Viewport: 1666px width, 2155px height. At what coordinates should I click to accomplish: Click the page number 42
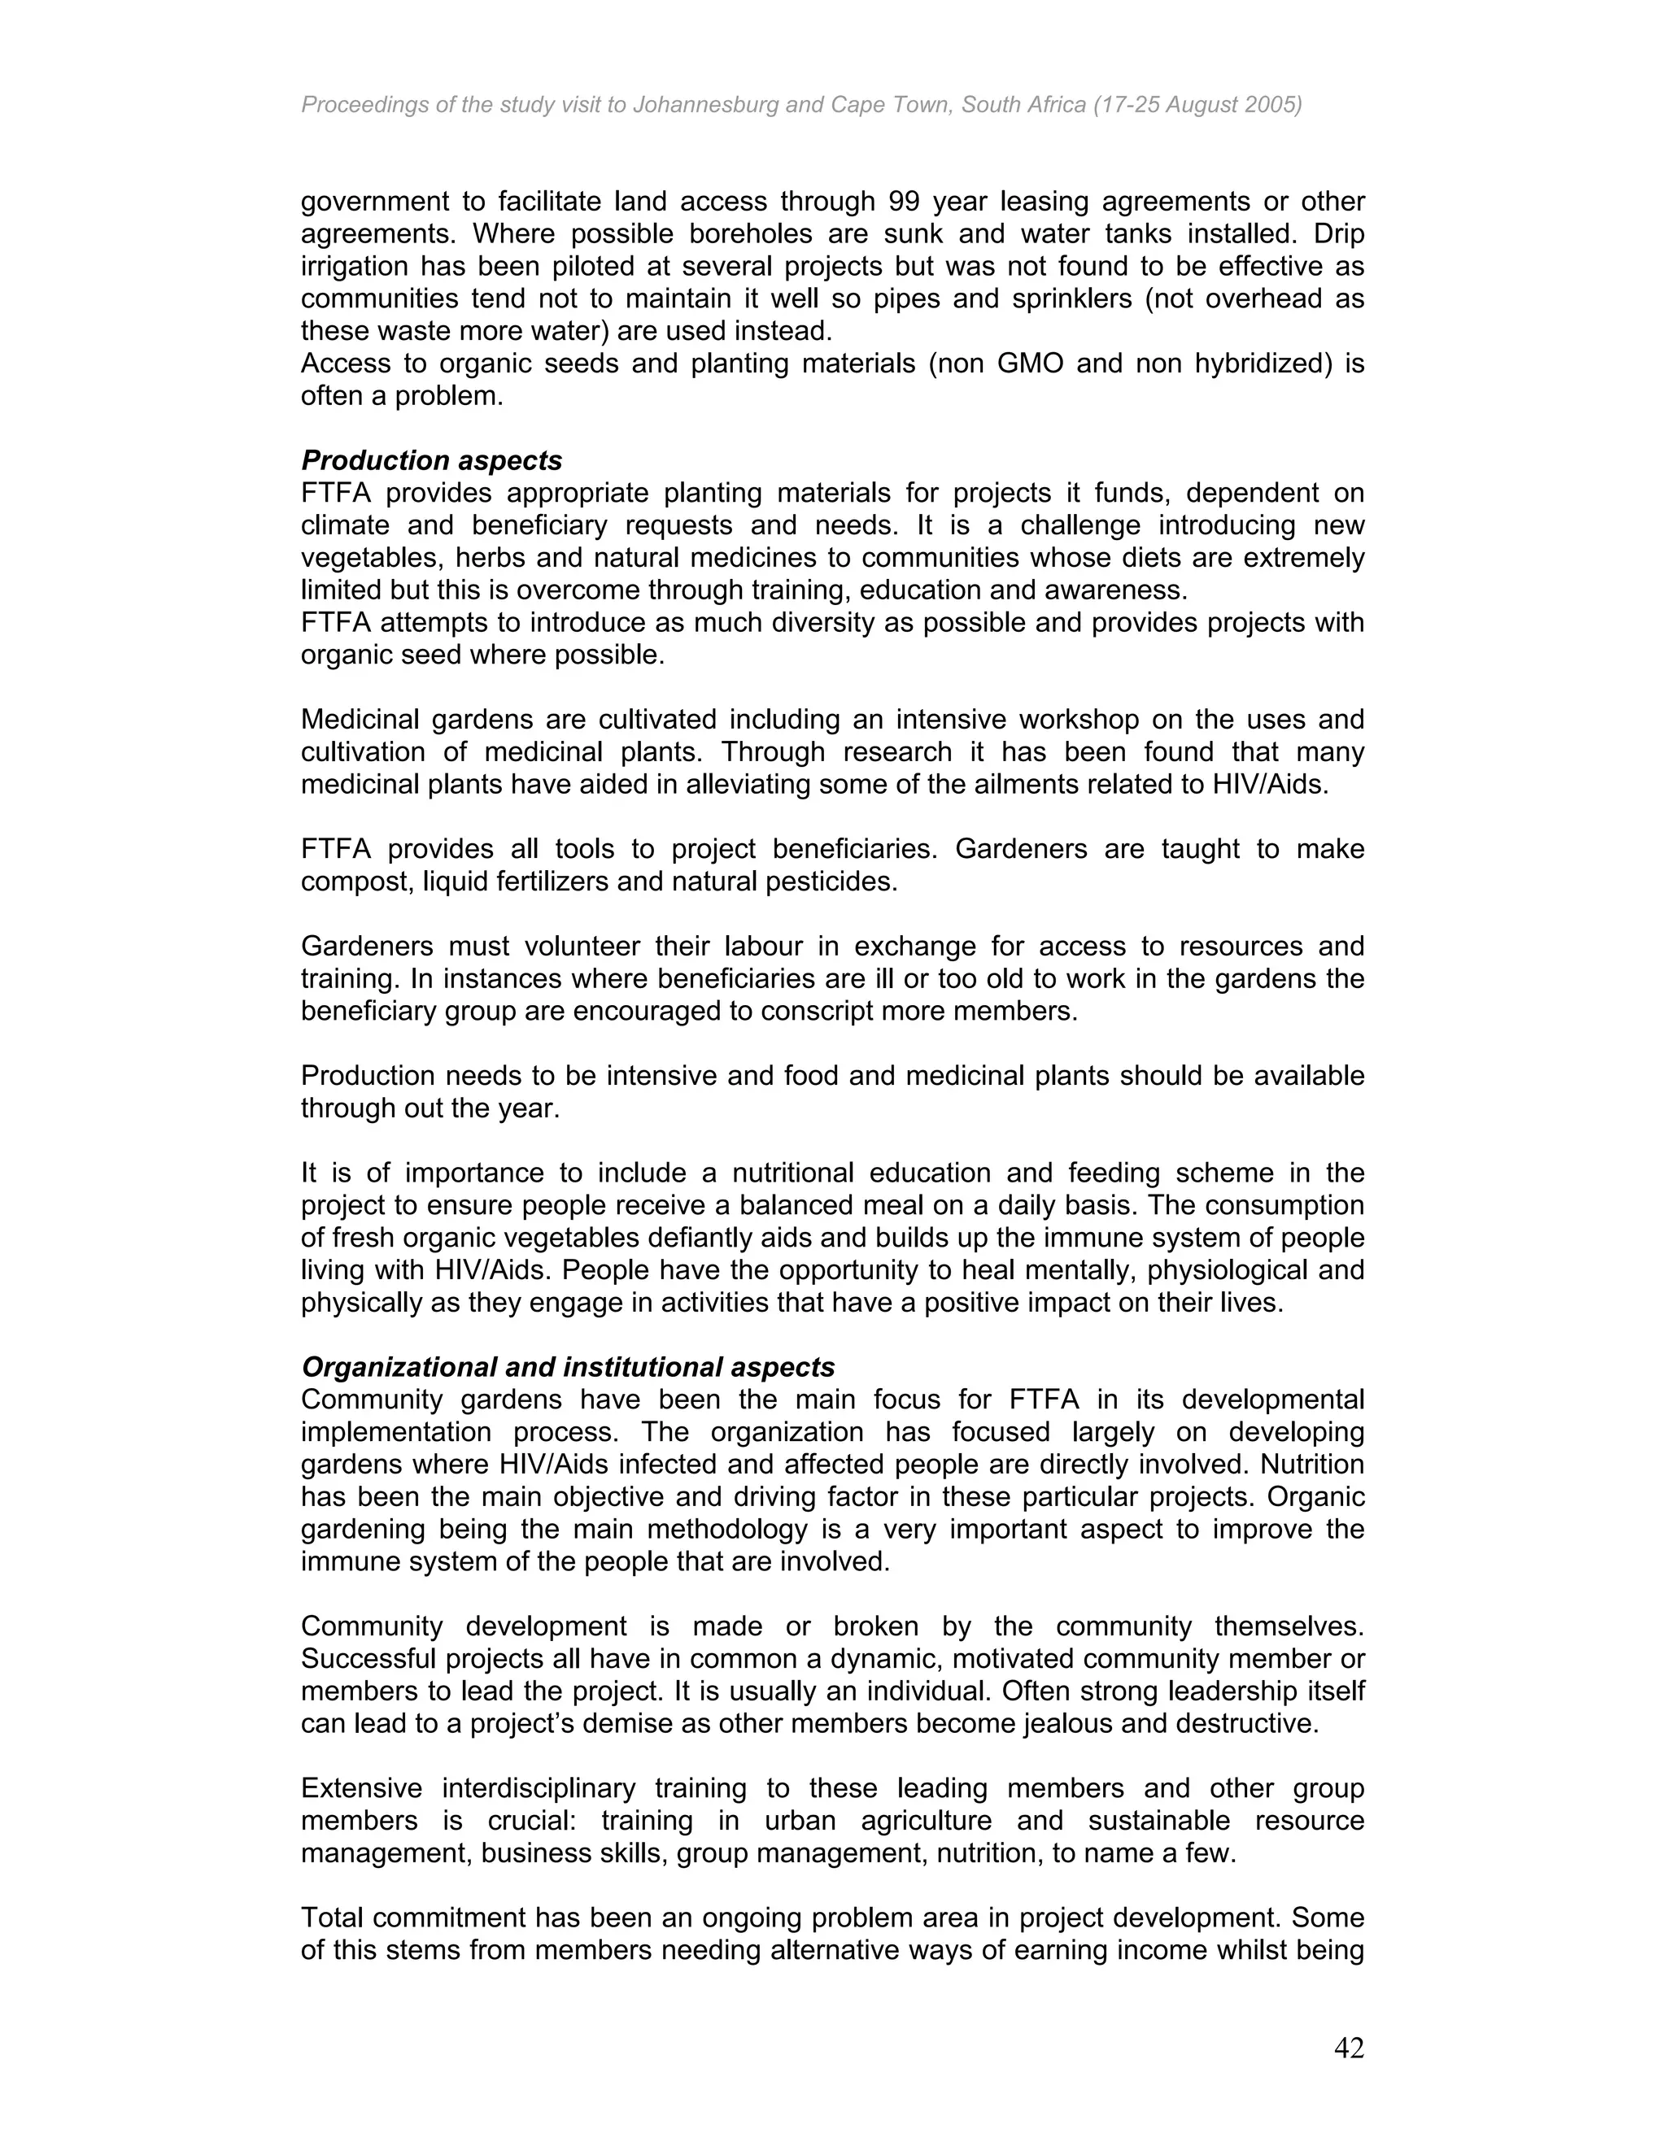(x=1348, y=2048)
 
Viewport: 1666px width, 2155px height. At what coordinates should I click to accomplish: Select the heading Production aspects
(x=431, y=461)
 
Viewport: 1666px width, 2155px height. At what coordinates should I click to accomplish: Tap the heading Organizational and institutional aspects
(x=568, y=1367)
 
